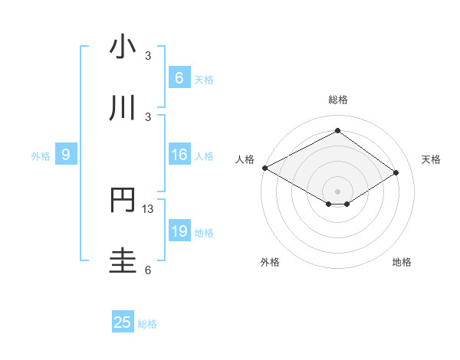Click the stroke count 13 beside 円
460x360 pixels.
click(149, 209)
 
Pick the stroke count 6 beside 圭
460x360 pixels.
click(148, 270)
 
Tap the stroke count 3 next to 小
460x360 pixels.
click(148, 56)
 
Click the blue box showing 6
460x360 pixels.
click(179, 77)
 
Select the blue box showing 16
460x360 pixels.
click(179, 155)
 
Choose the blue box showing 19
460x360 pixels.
click(179, 231)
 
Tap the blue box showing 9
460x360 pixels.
click(66, 155)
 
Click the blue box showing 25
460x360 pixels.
click(123, 322)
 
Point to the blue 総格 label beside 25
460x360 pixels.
click(147, 324)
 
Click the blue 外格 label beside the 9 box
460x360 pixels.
click(41, 156)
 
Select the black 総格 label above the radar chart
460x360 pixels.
click(337, 100)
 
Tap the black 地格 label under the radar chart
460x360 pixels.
click(402, 263)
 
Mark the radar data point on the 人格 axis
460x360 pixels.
click(264, 168)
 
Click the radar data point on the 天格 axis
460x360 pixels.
click(396, 173)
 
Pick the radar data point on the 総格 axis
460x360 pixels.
click(337, 131)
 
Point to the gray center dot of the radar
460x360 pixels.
click(337, 191)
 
